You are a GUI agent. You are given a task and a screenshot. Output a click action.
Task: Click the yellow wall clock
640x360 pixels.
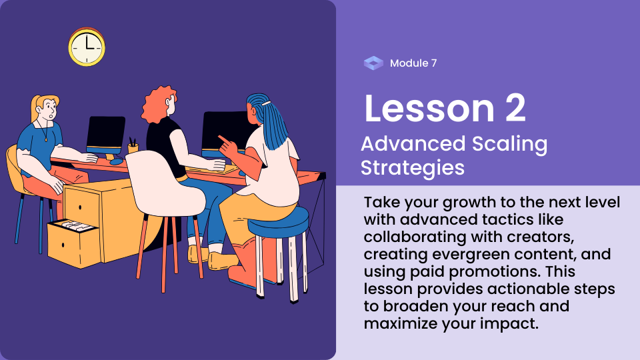pos(87,47)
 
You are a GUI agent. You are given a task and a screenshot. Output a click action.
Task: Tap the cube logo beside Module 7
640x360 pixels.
pos(373,63)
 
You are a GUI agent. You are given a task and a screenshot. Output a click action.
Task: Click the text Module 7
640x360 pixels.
pos(413,63)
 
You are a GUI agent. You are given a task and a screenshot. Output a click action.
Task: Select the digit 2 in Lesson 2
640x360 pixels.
pos(515,108)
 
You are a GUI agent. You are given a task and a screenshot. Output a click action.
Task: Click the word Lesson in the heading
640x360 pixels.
pos(429,108)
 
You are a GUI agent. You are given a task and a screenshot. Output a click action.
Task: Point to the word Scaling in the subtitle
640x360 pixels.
pos(510,145)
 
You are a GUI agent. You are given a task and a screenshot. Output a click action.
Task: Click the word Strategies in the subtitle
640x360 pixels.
pos(413,168)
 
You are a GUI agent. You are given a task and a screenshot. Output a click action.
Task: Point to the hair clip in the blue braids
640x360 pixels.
pos(267,104)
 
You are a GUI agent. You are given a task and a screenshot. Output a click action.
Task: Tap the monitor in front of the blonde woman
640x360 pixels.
pos(106,135)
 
